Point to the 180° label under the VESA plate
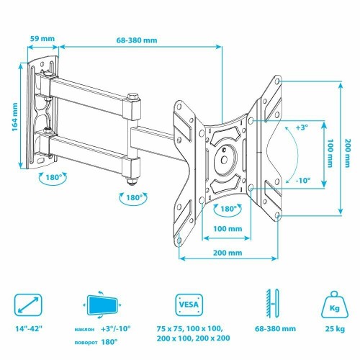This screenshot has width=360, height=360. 230,210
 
